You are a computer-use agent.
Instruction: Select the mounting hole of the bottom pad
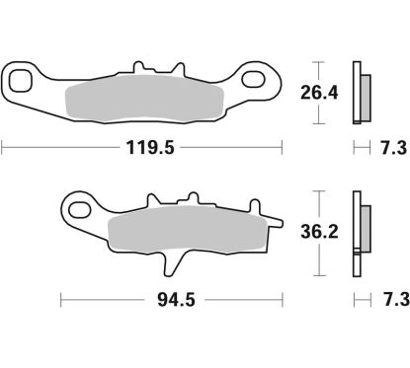(x=79, y=207)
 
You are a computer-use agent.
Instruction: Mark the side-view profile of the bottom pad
(x=361, y=235)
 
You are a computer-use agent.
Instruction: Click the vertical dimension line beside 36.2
(x=318, y=235)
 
